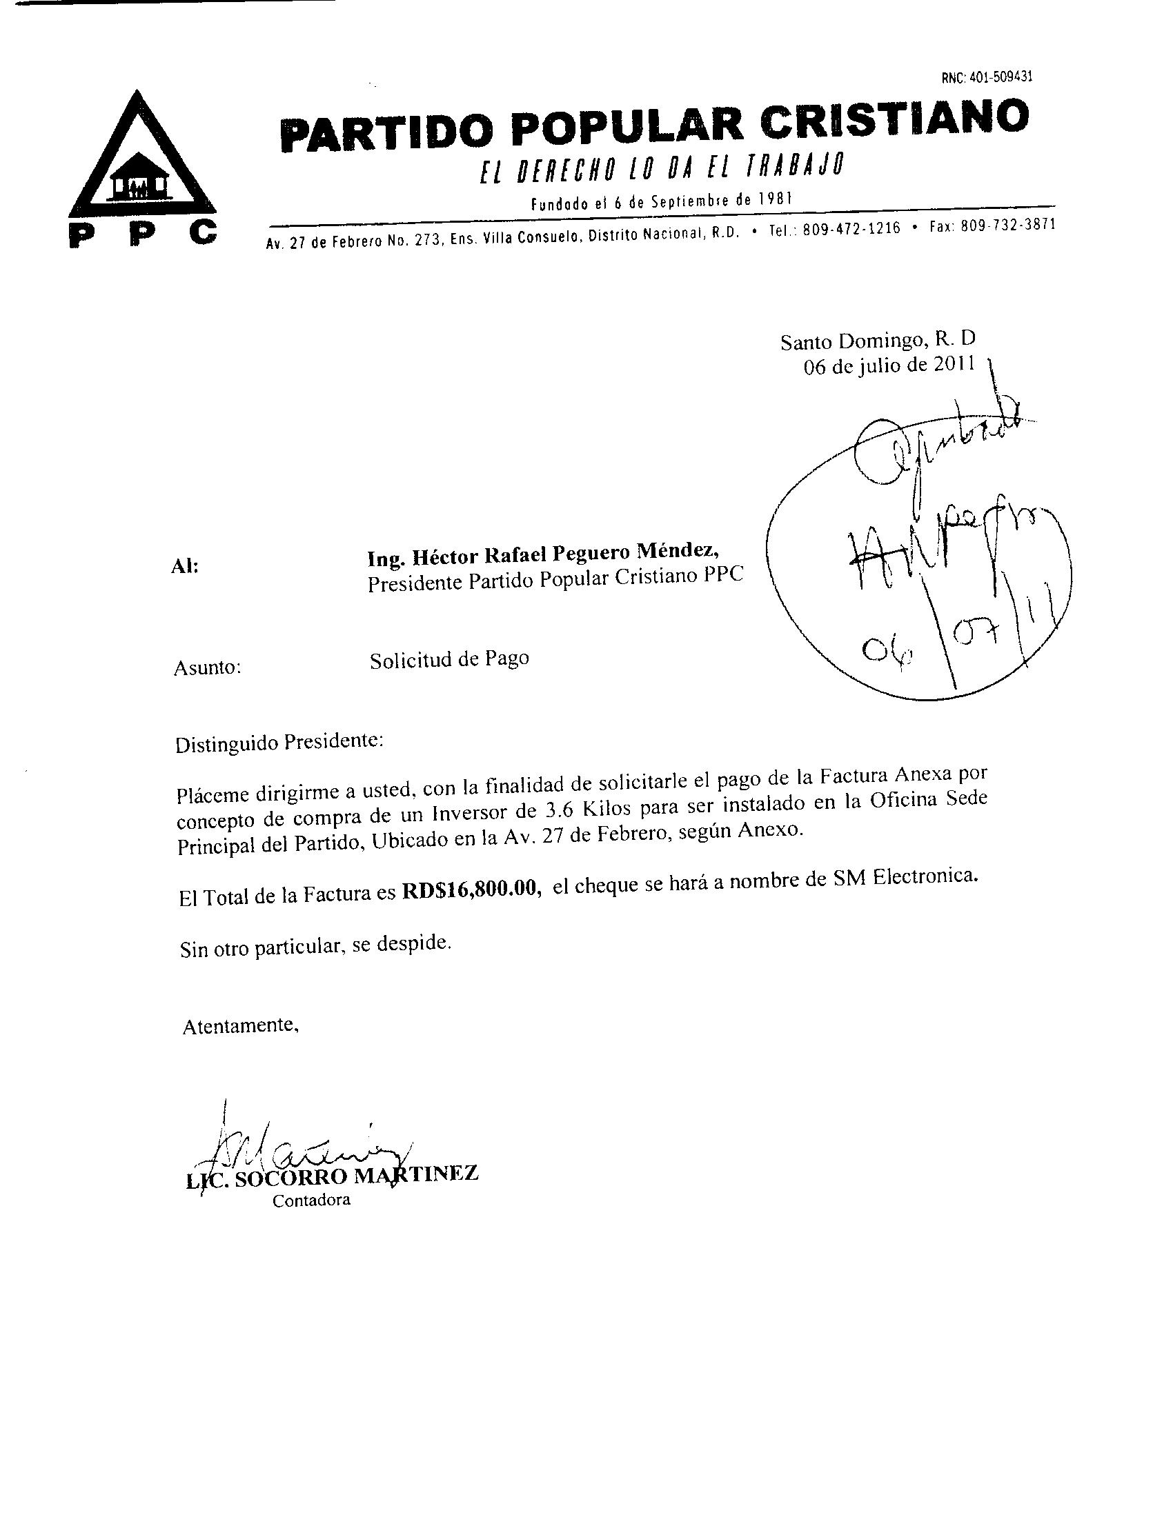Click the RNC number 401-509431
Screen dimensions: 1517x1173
coord(987,77)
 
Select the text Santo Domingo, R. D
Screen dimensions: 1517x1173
coord(878,341)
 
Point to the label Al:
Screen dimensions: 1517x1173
coord(184,567)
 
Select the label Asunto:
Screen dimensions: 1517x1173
coord(206,668)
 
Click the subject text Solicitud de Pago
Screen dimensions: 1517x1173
coord(449,659)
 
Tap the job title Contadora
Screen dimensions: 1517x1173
coord(311,1200)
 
